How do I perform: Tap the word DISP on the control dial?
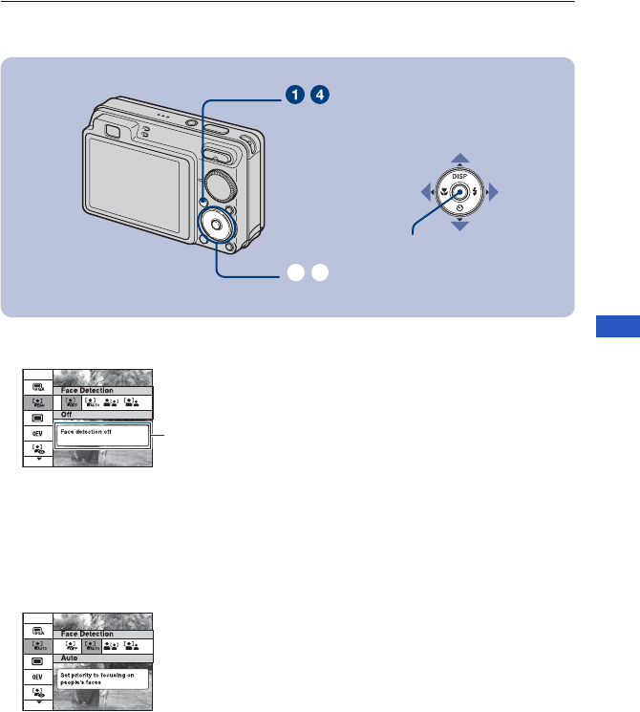460,176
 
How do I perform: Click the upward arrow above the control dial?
460,158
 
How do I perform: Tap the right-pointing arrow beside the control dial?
493,192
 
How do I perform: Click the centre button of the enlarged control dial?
460,192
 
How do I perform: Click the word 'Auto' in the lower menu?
70,658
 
